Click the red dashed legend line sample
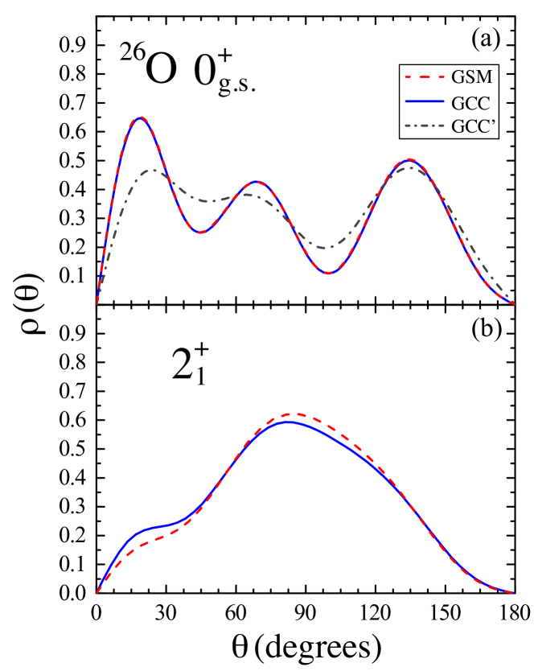pos(424,77)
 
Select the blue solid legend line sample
pos(424,101)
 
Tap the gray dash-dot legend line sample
pos(424,126)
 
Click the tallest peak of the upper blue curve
pos(142,117)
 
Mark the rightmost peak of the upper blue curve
pos(409,159)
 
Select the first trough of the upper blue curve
pos(201,233)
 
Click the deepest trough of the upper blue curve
pos(329,274)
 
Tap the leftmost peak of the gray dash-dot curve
pos(152,171)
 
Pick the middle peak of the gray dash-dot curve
pos(244,195)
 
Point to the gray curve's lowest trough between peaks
pos(324,248)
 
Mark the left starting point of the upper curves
pos(97,304)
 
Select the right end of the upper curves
pos(514,304)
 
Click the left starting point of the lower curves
pos(97,592)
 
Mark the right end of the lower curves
pos(514,592)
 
